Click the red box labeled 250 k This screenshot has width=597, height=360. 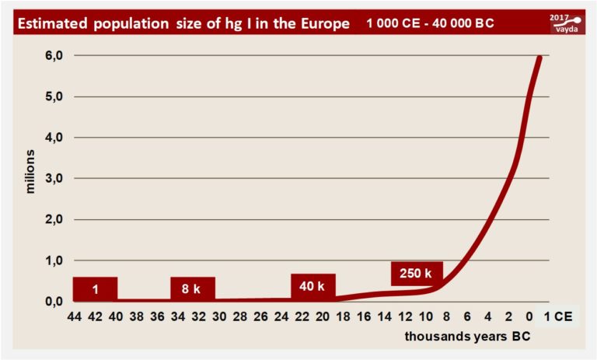point(417,273)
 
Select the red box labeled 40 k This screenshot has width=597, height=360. point(313,286)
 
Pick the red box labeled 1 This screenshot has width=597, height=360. point(95,288)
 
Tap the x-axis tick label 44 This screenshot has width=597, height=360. point(75,317)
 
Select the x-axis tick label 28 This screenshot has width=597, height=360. point(239,317)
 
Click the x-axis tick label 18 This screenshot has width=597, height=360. point(343,317)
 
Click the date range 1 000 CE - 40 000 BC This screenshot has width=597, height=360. point(430,24)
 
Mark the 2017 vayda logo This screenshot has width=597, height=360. point(567,23)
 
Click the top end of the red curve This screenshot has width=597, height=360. point(540,58)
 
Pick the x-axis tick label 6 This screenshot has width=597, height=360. point(466,317)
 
